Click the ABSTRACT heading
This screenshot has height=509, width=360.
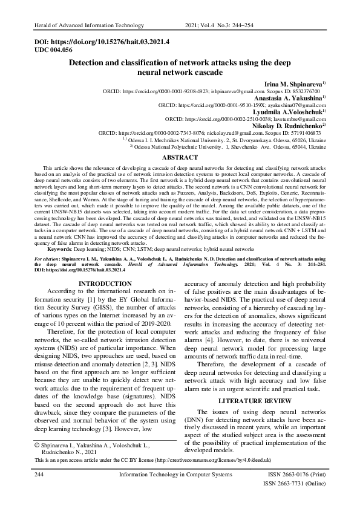coord(180,157)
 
